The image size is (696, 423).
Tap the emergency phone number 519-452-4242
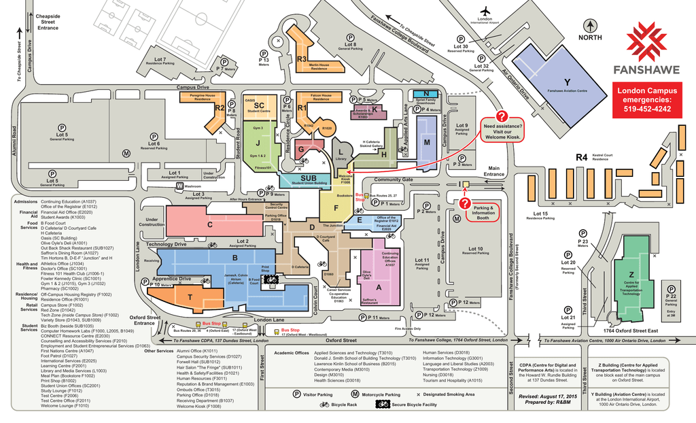pyautogui.click(x=646, y=109)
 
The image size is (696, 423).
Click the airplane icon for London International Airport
pyautogui.click(x=485, y=11)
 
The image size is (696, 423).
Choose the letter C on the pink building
pyautogui.click(x=210, y=224)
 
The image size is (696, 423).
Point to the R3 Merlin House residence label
pyautogui.click(x=303, y=59)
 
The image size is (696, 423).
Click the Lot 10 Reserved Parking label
pyautogui.click(x=475, y=250)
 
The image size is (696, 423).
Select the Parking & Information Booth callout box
pyautogui.click(x=483, y=213)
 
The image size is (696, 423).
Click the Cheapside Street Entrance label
pyautogui.click(x=48, y=21)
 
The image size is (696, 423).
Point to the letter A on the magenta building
pyautogui.click(x=379, y=286)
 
